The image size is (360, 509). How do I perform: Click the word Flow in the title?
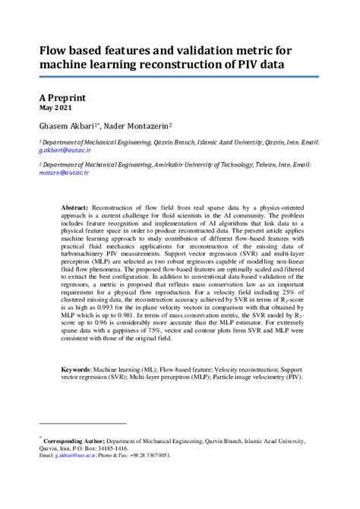click(55, 50)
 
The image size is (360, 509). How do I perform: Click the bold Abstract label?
click(75, 207)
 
